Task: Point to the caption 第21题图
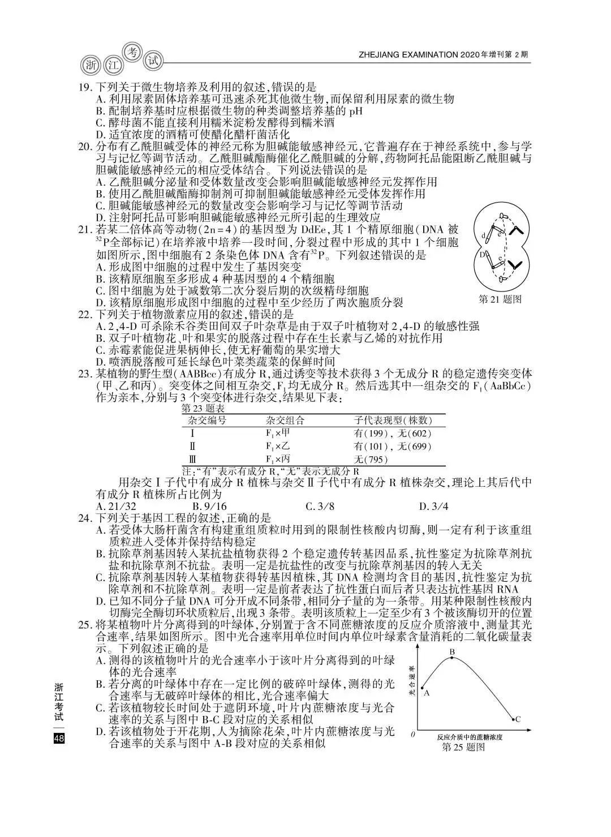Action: click(x=500, y=299)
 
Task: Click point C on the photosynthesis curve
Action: click(x=513, y=719)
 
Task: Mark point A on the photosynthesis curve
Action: click(x=423, y=688)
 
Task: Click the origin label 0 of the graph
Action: click(x=412, y=735)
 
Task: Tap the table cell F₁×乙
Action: click(x=278, y=447)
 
